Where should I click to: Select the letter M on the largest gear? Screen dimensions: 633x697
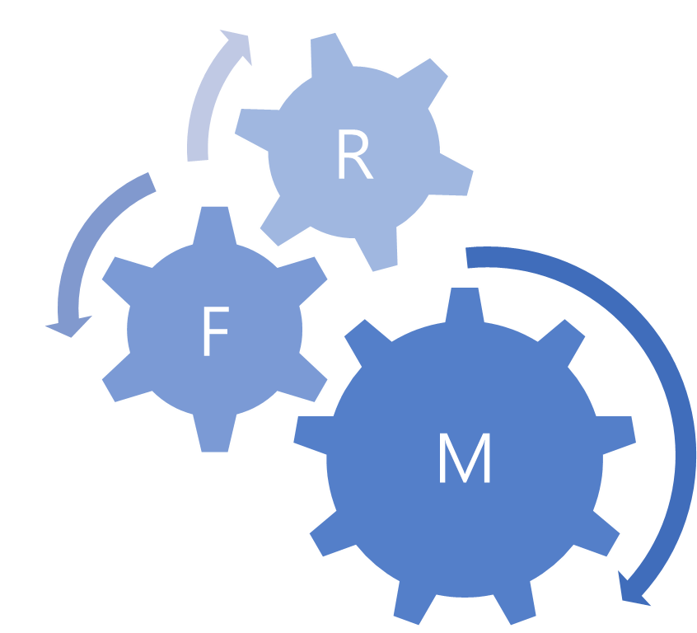click(465, 458)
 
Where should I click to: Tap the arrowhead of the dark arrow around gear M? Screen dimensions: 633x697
click(634, 589)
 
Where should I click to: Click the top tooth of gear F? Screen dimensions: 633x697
click(214, 223)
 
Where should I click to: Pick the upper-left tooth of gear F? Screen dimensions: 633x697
click(121, 270)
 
